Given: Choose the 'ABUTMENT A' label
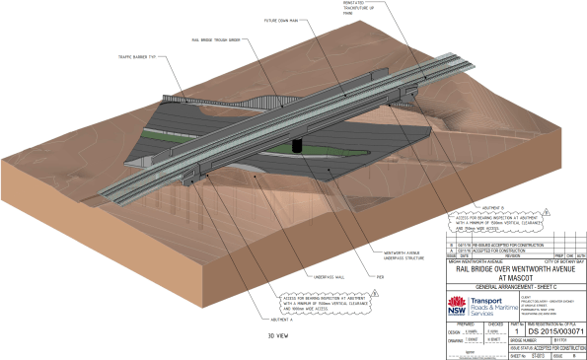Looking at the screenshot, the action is click(281, 320).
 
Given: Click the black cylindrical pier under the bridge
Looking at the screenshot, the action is click(299, 144).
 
